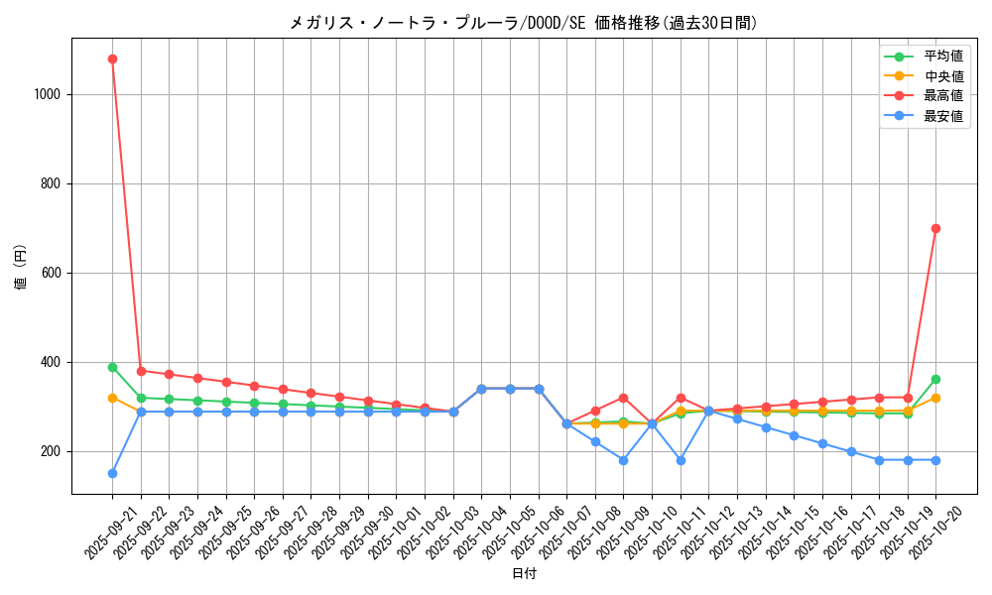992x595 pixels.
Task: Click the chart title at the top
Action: coord(524,23)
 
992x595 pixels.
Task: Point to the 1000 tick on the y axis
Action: coord(48,94)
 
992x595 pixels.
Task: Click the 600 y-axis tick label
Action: coord(52,273)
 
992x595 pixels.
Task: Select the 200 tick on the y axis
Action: coord(52,451)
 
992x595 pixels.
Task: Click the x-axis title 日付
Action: coord(524,574)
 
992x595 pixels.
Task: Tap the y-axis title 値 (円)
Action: coord(21,268)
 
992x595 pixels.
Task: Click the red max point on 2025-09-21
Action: coord(112,59)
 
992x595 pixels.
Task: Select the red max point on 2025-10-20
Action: coord(935,228)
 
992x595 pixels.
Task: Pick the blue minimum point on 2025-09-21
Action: coord(112,473)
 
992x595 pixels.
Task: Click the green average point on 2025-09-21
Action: coord(112,367)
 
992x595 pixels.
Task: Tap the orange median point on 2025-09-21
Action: coord(112,398)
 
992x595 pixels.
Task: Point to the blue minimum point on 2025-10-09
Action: coord(623,460)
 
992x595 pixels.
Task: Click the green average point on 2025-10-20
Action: coord(935,379)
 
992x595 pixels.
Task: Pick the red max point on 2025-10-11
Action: coord(681,398)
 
